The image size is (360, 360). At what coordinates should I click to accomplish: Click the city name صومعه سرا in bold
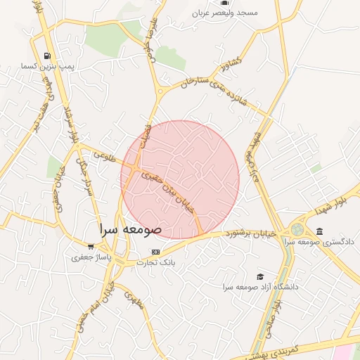click(x=131, y=229)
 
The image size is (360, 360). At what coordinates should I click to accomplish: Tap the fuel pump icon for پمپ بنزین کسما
click(x=47, y=56)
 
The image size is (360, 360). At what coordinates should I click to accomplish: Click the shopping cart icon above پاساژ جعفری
click(x=91, y=246)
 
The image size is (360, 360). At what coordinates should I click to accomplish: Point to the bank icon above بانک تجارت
click(x=155, y=252)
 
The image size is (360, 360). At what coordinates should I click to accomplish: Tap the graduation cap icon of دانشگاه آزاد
click(x=260, y=277)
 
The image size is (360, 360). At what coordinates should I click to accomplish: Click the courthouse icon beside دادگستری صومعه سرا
click(x=320, y=231)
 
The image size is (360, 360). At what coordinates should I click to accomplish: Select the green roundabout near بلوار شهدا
click(x=298, y=229)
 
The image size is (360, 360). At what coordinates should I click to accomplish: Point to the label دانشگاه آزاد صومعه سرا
click(x=261, y=287)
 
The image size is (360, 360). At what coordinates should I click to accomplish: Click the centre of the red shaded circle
click(x=180, y=179)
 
